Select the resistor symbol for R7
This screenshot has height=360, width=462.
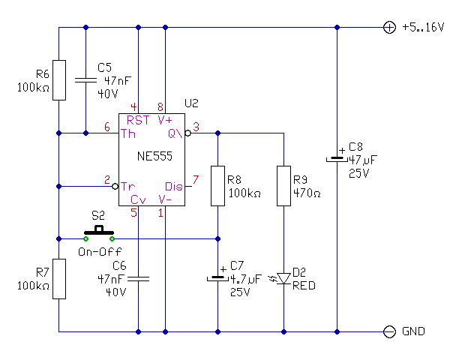click(x=58, y=279)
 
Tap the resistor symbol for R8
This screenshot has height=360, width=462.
click(x=217, y=185)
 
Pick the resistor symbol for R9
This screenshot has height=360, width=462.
click(x=284, y=185)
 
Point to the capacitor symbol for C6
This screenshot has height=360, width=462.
click(x=139, y=279)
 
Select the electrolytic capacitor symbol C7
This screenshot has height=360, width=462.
click(x=217, y=278)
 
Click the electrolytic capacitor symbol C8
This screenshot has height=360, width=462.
click(x=337, y=159)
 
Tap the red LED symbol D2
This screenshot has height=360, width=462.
click(x=284, y=279)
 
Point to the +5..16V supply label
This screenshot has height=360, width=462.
click(x=423, y=28)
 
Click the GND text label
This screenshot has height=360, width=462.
click(x=414, y=331)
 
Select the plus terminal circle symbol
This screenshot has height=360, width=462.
click(x=389, y=28)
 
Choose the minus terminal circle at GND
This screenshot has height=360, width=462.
click(x=389, y=331)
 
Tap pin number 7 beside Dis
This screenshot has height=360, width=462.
click(x=196, y=179)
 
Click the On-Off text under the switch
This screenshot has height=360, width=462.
click(x=99, y=251)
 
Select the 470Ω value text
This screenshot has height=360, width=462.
click(x=304, y=193)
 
